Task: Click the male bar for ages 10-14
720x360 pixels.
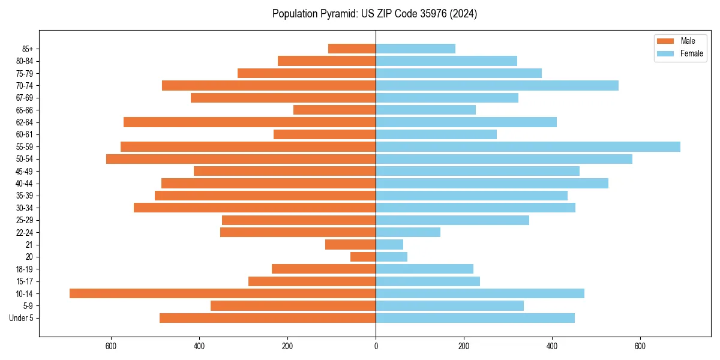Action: (x=222, y=293)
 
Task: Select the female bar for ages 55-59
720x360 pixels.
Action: (x=528, y=146)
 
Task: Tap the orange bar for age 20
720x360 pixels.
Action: (x=363, y=257)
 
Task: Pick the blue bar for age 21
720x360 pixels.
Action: (x=389, y=244)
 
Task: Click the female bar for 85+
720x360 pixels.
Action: (x=415, y=49)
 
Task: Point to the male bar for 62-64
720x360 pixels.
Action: (x=250, y=122)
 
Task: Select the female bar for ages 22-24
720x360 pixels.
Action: (x=408, y=232)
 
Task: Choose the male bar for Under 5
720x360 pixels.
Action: (x=268, y=318)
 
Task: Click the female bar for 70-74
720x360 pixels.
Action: (x=497, y=85)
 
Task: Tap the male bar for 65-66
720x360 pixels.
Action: (x=334, y=110)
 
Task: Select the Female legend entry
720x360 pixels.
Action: (x=691, y=53)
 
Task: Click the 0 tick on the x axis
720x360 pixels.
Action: (x=376, y=346)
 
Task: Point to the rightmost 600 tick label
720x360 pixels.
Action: (x=640, y=346)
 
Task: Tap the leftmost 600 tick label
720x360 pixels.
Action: (x=111, y=346)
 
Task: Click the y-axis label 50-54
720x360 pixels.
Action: (x=24, y=159)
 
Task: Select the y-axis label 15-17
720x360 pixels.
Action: (x=24, y=281)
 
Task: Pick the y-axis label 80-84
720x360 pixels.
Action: (x=24, y=61)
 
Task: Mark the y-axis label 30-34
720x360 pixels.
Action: (x=24, y=208)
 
